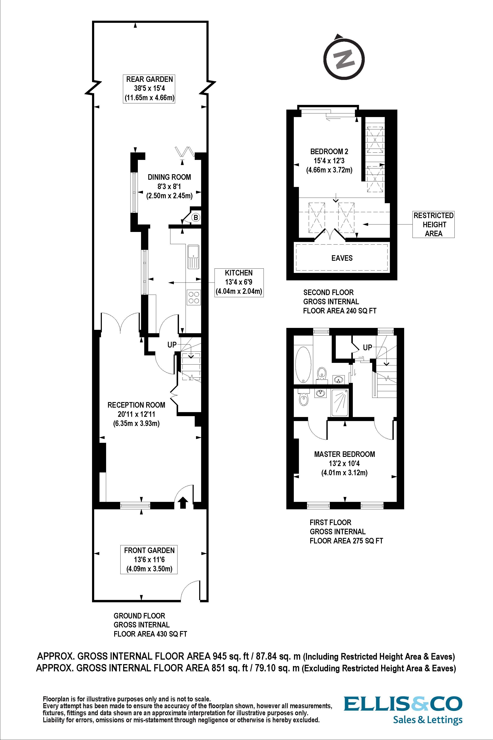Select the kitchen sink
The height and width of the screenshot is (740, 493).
(193, 256)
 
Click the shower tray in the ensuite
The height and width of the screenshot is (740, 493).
(340, 403)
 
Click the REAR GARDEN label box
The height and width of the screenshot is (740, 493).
(149, 88)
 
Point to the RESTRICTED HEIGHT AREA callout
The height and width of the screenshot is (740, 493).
(433, 224)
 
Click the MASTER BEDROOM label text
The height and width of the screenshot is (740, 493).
(344, 454)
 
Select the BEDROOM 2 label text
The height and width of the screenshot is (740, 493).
(329, 151)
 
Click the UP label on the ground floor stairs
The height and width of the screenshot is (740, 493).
(172, 345)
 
